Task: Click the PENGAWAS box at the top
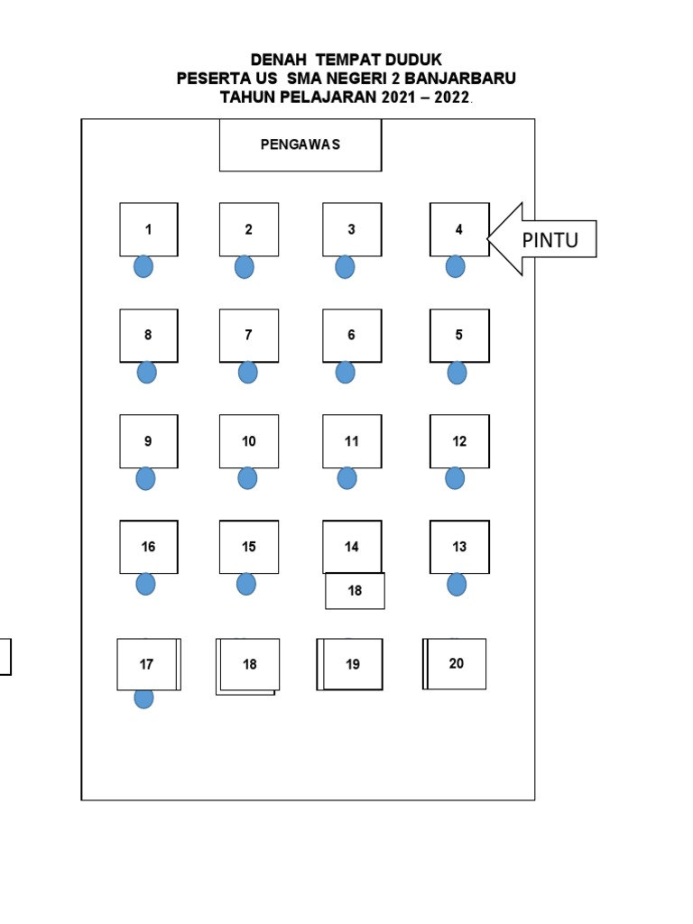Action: coord(300,144)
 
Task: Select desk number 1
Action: coord(149,229)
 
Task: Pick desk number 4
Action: coord(459,229)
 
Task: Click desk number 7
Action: coord(248,335)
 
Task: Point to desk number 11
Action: coord(352,441)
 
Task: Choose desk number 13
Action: coord(459,547)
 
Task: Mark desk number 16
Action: coord(149,547)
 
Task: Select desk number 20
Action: coord(456,663)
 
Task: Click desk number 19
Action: coord(352,664)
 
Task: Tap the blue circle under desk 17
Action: coord(143,698)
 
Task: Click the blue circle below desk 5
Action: coord(457,373)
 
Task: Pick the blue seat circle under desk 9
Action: coord(145,478)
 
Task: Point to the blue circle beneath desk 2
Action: coord(244,267)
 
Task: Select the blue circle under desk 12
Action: coord(455,478)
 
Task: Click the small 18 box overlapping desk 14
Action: coord(355,591)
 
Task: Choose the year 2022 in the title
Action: coord(451,97)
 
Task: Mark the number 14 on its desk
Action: coord(352,547)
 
